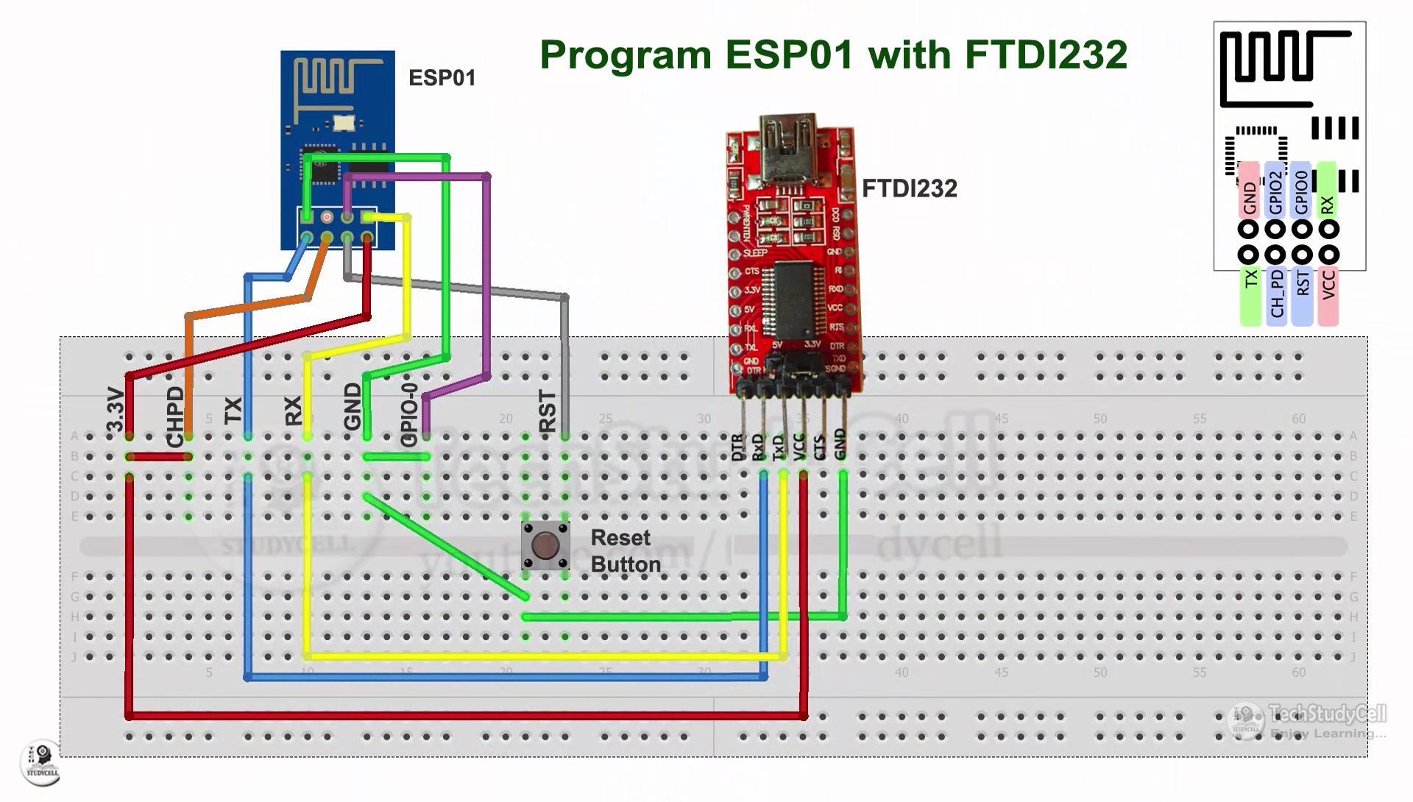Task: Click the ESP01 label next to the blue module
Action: pyautogui.click(x=442, y=78)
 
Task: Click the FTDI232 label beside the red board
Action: pyautogui.click(x=909, y=189)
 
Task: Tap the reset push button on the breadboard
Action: pyautogui.click(x=545, y=546)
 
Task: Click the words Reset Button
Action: pyautogui.click(x=625, y=551)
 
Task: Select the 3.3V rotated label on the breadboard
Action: pyautogui.click(x=116, y=410)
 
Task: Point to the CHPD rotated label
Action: pyautogui.click(x=175, y=417)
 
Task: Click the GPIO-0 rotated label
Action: pyautogui.click(x=409, y=414)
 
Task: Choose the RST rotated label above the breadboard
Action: pyautogui.click(x=548, y=411)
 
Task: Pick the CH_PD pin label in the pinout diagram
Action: pyautogui.click(x=1277, y=294)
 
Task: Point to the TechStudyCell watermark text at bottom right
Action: pyautogui.click(x=1328, y=713)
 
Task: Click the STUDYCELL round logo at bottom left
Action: pyautogui.click(x=42, y=762)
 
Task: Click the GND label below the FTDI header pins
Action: pyautogui.click(x=840, y=444)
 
